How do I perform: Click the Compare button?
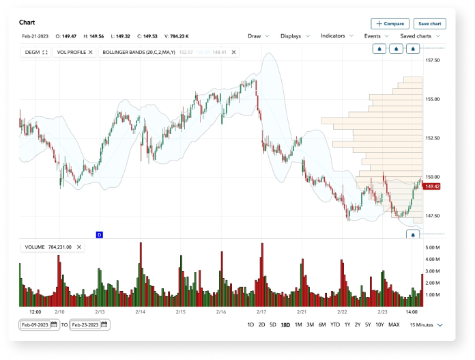(390, 24)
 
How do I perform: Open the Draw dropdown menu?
(259, 36)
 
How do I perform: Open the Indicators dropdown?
(337, 36)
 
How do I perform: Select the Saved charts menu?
(420, 36)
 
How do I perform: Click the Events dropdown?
(377, 36)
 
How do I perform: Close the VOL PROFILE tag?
(91, 52)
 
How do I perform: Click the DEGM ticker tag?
(36, 52)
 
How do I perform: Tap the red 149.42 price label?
(431, 186)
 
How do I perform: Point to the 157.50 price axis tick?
(432, 60)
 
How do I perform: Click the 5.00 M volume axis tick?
(432, 247)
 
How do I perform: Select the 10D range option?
(285, 324)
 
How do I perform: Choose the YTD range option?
(335, 324)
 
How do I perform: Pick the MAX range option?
(394, 324)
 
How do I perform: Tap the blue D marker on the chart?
(99, 234)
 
